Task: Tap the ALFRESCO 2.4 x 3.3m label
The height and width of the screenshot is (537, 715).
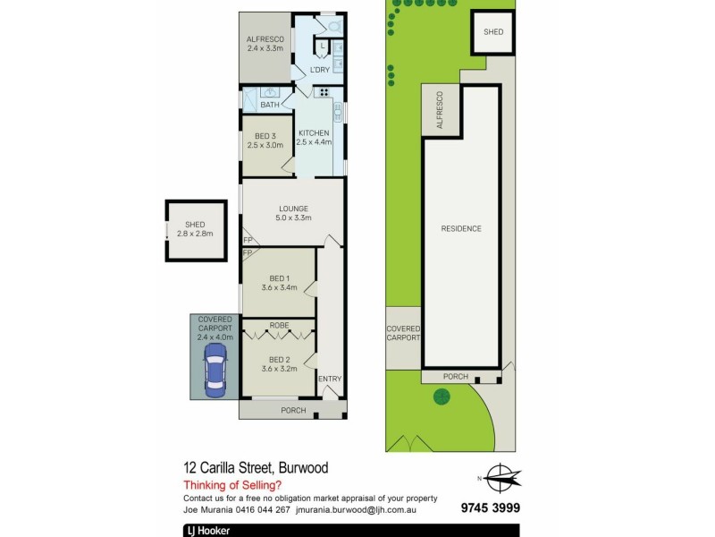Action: [x=265, y=43]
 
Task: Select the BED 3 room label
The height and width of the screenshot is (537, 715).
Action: [x=265, y=139]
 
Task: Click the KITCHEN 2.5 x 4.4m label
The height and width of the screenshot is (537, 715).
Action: [x=314, y=137]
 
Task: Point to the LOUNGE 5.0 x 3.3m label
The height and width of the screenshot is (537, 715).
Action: [x=293, y=213]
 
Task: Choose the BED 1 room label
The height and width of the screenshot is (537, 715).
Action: [x=277, y=282]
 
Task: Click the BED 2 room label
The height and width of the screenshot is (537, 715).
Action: [x=277, y=362]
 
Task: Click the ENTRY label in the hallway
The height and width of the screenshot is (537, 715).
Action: [x=330, y=379]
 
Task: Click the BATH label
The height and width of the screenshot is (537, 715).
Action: [x=270, y=105]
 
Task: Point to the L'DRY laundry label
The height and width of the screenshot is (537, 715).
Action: [x=320, y=71]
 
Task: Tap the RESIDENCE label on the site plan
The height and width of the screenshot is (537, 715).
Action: [x=461, y=228]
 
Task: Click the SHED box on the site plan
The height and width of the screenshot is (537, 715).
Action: [x=492, y=32]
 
